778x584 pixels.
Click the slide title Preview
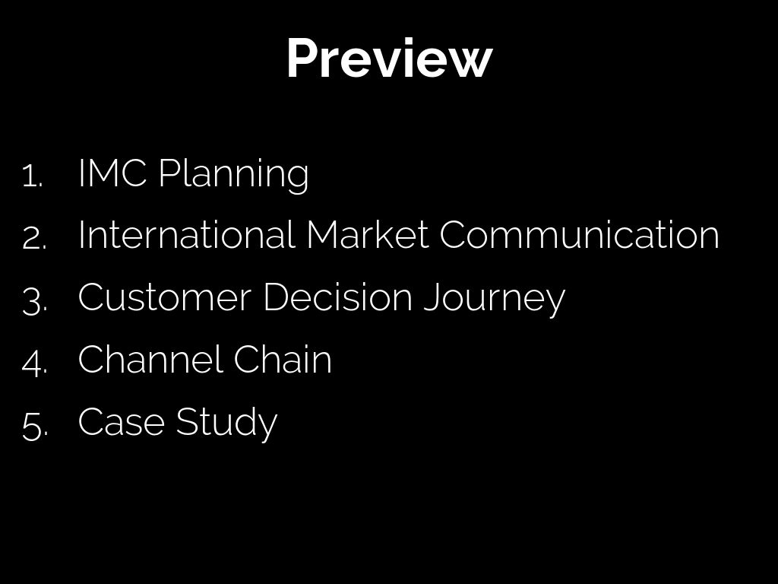tap(390, 58)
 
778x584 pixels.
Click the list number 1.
tap(33, 176)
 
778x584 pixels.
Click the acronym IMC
tap(112, 173)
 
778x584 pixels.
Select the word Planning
tap(234, 174)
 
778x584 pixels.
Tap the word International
tap(187, 234)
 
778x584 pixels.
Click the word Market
tap(368, 234)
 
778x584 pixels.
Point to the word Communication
tap(580, 234)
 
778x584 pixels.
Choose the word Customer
tap(164, 297)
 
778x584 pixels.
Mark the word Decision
tap(337, 297)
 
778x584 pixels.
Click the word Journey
tap(495, 299)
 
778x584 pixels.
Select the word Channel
tap(150, 359)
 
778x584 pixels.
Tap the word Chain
tap(283, 359)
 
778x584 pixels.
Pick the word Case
tap(122, 421)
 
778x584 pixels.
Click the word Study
tap(226, 423)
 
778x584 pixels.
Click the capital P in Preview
tap(303, 59)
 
